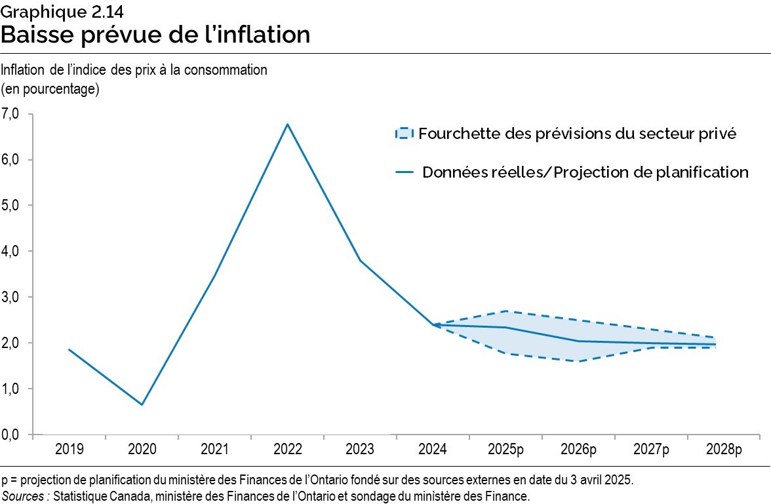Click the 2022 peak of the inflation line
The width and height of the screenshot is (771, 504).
point(287,124)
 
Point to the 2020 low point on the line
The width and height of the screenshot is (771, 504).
point(142,404)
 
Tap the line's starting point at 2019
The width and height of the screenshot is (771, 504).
point(69,349)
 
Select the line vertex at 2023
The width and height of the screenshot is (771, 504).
point(360,261)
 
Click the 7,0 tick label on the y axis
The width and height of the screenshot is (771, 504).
point(12,114)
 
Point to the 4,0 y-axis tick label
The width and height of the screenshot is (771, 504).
point(12,252)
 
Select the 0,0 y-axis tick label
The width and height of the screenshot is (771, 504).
point(12,435)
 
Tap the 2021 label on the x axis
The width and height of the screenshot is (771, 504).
point(214,450)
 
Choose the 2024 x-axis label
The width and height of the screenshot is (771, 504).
point(433,450)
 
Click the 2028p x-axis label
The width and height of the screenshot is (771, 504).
point(724,450)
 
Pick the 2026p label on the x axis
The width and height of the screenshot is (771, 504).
point(579,450)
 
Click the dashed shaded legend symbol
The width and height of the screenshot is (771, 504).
point(403,134)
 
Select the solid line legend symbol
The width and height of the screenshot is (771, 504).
point(403,172)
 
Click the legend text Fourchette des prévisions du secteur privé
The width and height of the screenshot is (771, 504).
point(578,134)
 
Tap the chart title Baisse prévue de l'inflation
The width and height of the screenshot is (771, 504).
point(155,34)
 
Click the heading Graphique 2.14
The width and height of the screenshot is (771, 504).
point(53,10)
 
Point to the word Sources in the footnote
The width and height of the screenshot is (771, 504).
point(25,496)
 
